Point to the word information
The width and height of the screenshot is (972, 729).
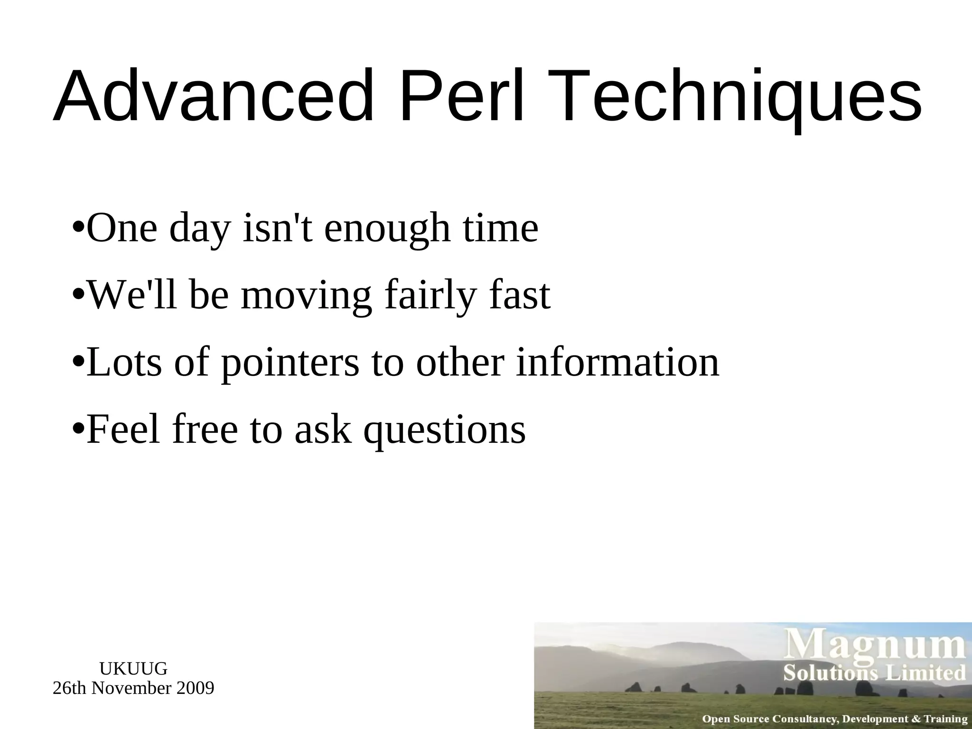[x=617, y=362]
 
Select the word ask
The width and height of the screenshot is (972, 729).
[x=323, y=429]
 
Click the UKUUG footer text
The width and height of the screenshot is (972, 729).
[x=133, y=669]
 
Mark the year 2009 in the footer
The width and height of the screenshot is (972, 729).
[x=195, y=688]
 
